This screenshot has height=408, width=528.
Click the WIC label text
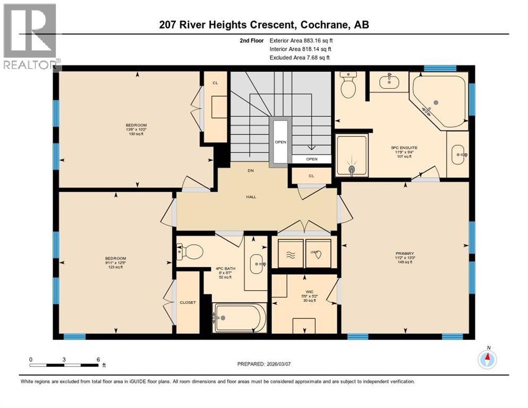(x=304, y=292)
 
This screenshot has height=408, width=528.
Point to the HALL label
(x=251, y=197)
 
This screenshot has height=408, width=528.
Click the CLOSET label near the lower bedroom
(x=188, y=302)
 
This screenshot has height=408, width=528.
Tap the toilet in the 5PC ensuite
(x=348, y=87)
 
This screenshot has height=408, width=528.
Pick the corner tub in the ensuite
(x=438, y=101)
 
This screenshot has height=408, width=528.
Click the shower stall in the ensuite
(x=352, y=155)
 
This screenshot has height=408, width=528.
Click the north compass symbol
(x=487, y=360)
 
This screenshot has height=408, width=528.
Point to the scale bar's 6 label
(x=98, y=360)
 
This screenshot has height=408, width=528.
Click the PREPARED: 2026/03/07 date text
(x=266, y=364)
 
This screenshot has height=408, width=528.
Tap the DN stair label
(x=251, y=171)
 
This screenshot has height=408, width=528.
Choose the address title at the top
(x=264, y=24)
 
